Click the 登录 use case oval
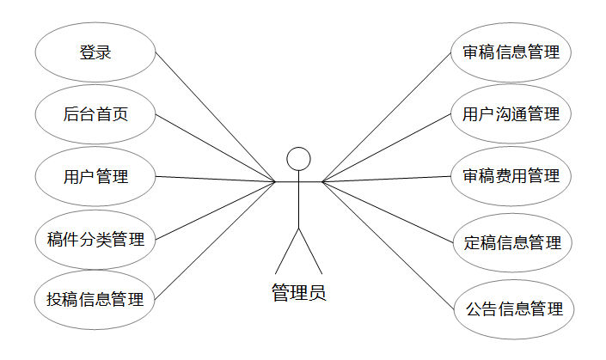[x=95, y=52]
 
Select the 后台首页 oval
[x=95, y=114]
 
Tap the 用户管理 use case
[x=95, y=177]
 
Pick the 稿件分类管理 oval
[x=95, y=239]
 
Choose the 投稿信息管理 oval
[x=95, y=300]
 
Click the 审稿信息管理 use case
[x=511, y=52]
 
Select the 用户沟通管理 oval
[x=511, y=113]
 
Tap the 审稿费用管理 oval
[x=511, y=176]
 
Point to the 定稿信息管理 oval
[x=511, y=243]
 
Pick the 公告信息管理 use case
[x=513, y=308]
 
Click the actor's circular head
[x=298, y=158]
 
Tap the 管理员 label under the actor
[x=298, y=293]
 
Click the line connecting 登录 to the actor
[x=215, y=117]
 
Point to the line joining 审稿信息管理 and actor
[x=387, y=117]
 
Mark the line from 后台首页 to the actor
[x=215, y=148]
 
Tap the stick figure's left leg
[x=287, y=250]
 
